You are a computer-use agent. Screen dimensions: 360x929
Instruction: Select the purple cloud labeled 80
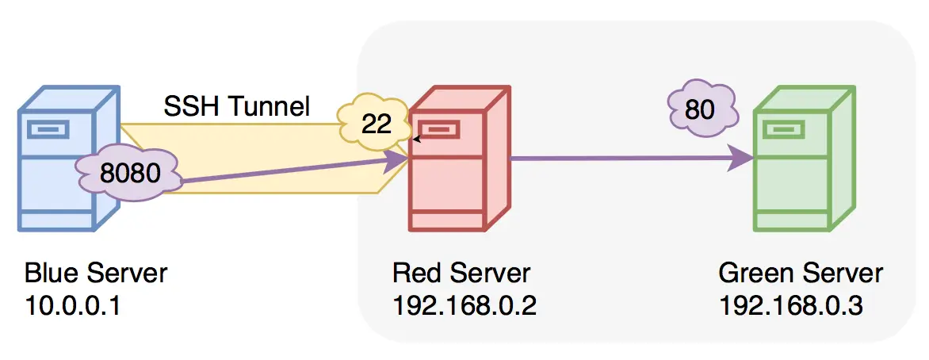point(700,109)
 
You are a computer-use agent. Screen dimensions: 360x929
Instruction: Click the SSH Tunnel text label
point(236,105)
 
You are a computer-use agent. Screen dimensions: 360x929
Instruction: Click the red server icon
point(456,159)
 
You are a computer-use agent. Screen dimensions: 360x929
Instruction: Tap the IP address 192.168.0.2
point(464,305)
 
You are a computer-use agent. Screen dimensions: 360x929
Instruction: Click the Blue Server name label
point(96,274)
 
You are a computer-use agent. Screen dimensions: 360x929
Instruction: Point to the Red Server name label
point(461,274)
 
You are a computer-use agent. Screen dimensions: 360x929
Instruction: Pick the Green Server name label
point(801,274)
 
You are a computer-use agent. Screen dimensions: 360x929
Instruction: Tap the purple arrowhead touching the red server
point(397,160)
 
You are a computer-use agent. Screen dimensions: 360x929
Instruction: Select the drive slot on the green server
point(782,128)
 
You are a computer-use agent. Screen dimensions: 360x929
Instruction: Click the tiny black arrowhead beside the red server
point(416,139)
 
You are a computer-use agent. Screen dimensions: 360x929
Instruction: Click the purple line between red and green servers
point(618,159)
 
